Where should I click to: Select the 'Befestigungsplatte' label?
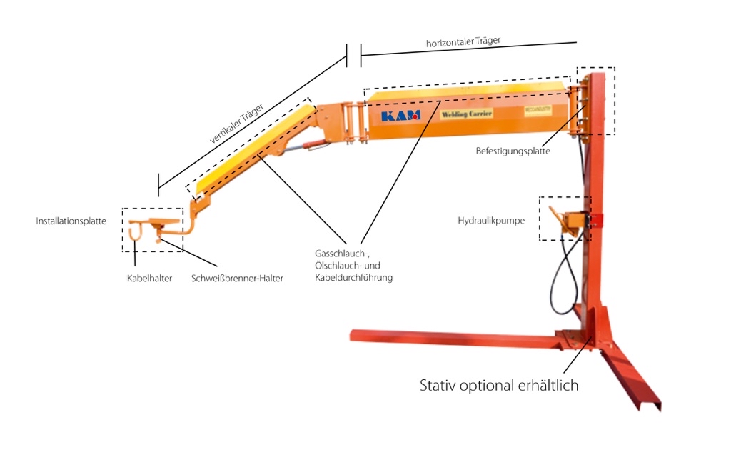click(x=513, y=151)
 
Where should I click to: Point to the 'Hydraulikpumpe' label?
click(x=491, y=221)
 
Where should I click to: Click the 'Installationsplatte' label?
click(x=71, y=221)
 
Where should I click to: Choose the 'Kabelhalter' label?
click(x=149, y=278)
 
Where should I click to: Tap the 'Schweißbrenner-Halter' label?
click(x=237, y=279)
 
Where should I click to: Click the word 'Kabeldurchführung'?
click(x=353, y=277)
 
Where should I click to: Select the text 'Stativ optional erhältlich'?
click(x=499, y=386)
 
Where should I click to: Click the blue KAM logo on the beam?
click(x=400, y=115)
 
